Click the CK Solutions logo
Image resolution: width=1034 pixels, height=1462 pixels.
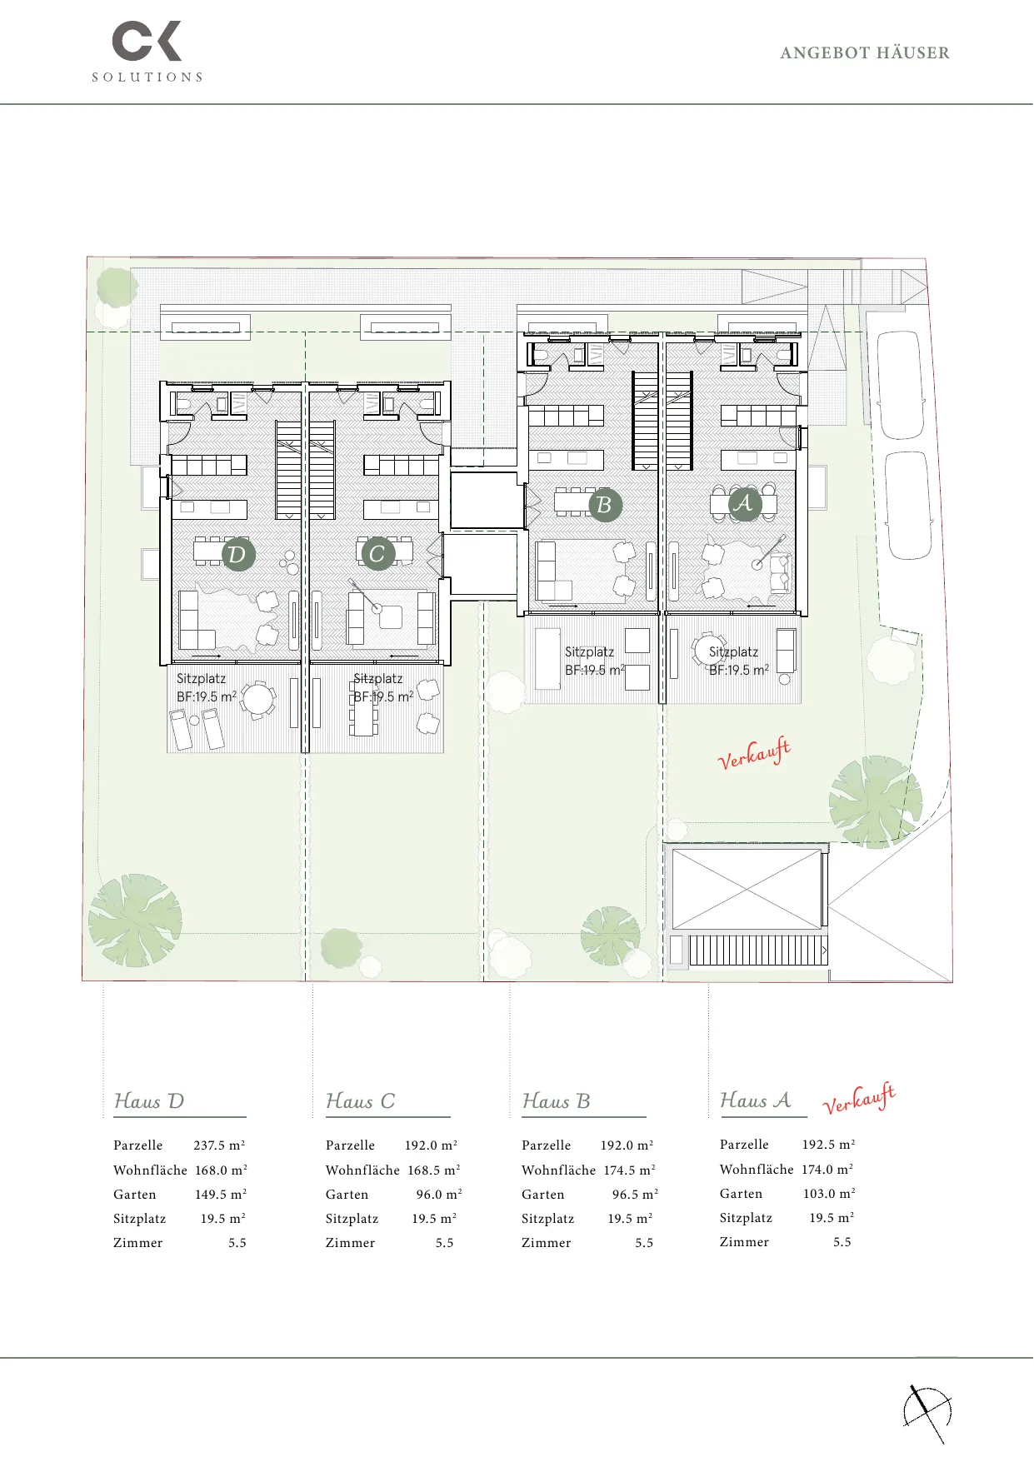pos(147,52)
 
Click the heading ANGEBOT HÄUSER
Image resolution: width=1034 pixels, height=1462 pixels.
pos(865,52)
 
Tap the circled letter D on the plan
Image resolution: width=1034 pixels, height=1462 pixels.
pos(238,554)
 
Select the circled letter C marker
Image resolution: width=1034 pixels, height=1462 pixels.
pos(377,553)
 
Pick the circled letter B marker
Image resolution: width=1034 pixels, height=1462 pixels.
pos(605,505)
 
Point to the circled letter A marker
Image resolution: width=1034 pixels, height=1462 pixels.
pos(744,503)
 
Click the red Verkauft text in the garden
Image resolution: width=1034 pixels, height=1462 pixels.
pos(754,754)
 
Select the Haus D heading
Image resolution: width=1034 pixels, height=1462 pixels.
pos(149,1101)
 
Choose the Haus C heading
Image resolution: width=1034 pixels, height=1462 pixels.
pos(360,1101)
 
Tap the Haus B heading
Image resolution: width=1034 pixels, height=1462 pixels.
pos(556,1101)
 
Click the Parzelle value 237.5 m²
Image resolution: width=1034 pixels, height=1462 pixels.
pos(219,1145)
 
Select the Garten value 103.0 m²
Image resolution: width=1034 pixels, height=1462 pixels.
pos(829,1194)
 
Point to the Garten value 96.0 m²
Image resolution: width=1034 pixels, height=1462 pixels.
pos(439,1195)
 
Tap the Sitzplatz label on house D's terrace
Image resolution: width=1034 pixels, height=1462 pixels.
pos(201,679)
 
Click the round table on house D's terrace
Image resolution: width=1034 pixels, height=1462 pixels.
pos(258,700)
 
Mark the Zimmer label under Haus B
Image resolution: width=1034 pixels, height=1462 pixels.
pos(547,1243)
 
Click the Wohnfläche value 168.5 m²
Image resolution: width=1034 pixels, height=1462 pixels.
pos(434,1170)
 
